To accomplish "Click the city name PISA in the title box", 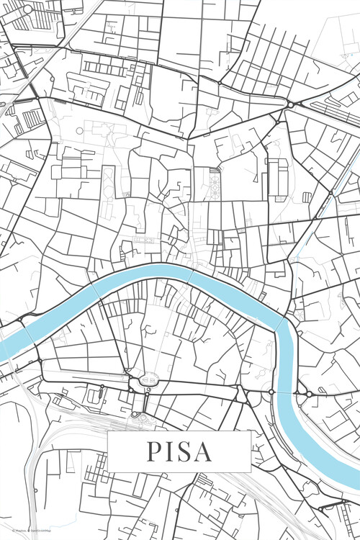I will point(179,451).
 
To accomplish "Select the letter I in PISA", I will point(169,451).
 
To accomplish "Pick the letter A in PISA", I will point(203,451).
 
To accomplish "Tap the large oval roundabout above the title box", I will point(150,379).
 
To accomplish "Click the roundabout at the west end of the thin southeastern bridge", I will point(271,392).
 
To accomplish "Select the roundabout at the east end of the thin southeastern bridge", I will point(310,393).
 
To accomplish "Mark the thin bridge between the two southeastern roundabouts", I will point(291,392).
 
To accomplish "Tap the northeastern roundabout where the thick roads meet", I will point(290,105).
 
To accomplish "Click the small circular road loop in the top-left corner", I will point(27,9).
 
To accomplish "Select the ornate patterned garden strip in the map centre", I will point(215,184).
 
